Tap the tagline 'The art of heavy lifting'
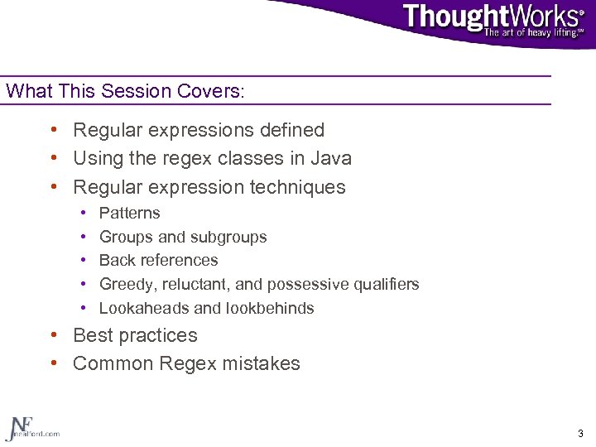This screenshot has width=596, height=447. click(x=533, y=33)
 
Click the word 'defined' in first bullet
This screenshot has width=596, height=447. click(x=289, y=130)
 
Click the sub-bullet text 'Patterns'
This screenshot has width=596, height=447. click(x=129, y=213)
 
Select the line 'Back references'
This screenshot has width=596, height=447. click(x=158, y=260)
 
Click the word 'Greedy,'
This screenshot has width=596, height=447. click(x=127, y=284)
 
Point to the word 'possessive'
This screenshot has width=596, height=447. click(x=304, y=284)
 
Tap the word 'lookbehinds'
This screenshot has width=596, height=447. click(x=269, y=308)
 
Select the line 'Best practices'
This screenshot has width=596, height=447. click(x=135, y=335)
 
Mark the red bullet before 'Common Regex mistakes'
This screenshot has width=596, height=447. click(x=53, y=363)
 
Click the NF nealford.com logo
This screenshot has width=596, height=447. click(x=31, y=427)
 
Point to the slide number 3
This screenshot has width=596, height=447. click(x=580, y=433)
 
